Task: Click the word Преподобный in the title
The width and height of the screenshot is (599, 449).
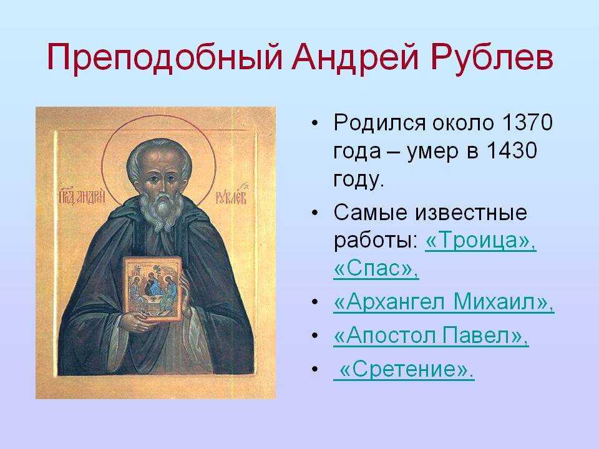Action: point(165,58)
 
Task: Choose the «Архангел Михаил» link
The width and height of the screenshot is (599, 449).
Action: point(444,302)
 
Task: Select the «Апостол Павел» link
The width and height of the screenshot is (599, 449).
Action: point(431,336)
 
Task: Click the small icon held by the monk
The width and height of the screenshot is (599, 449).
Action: point(152,289)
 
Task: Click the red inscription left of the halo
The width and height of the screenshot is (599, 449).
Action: point(81,197)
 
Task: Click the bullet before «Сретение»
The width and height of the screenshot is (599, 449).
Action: point(314,369)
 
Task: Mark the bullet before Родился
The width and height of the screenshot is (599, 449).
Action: point(314,123)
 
